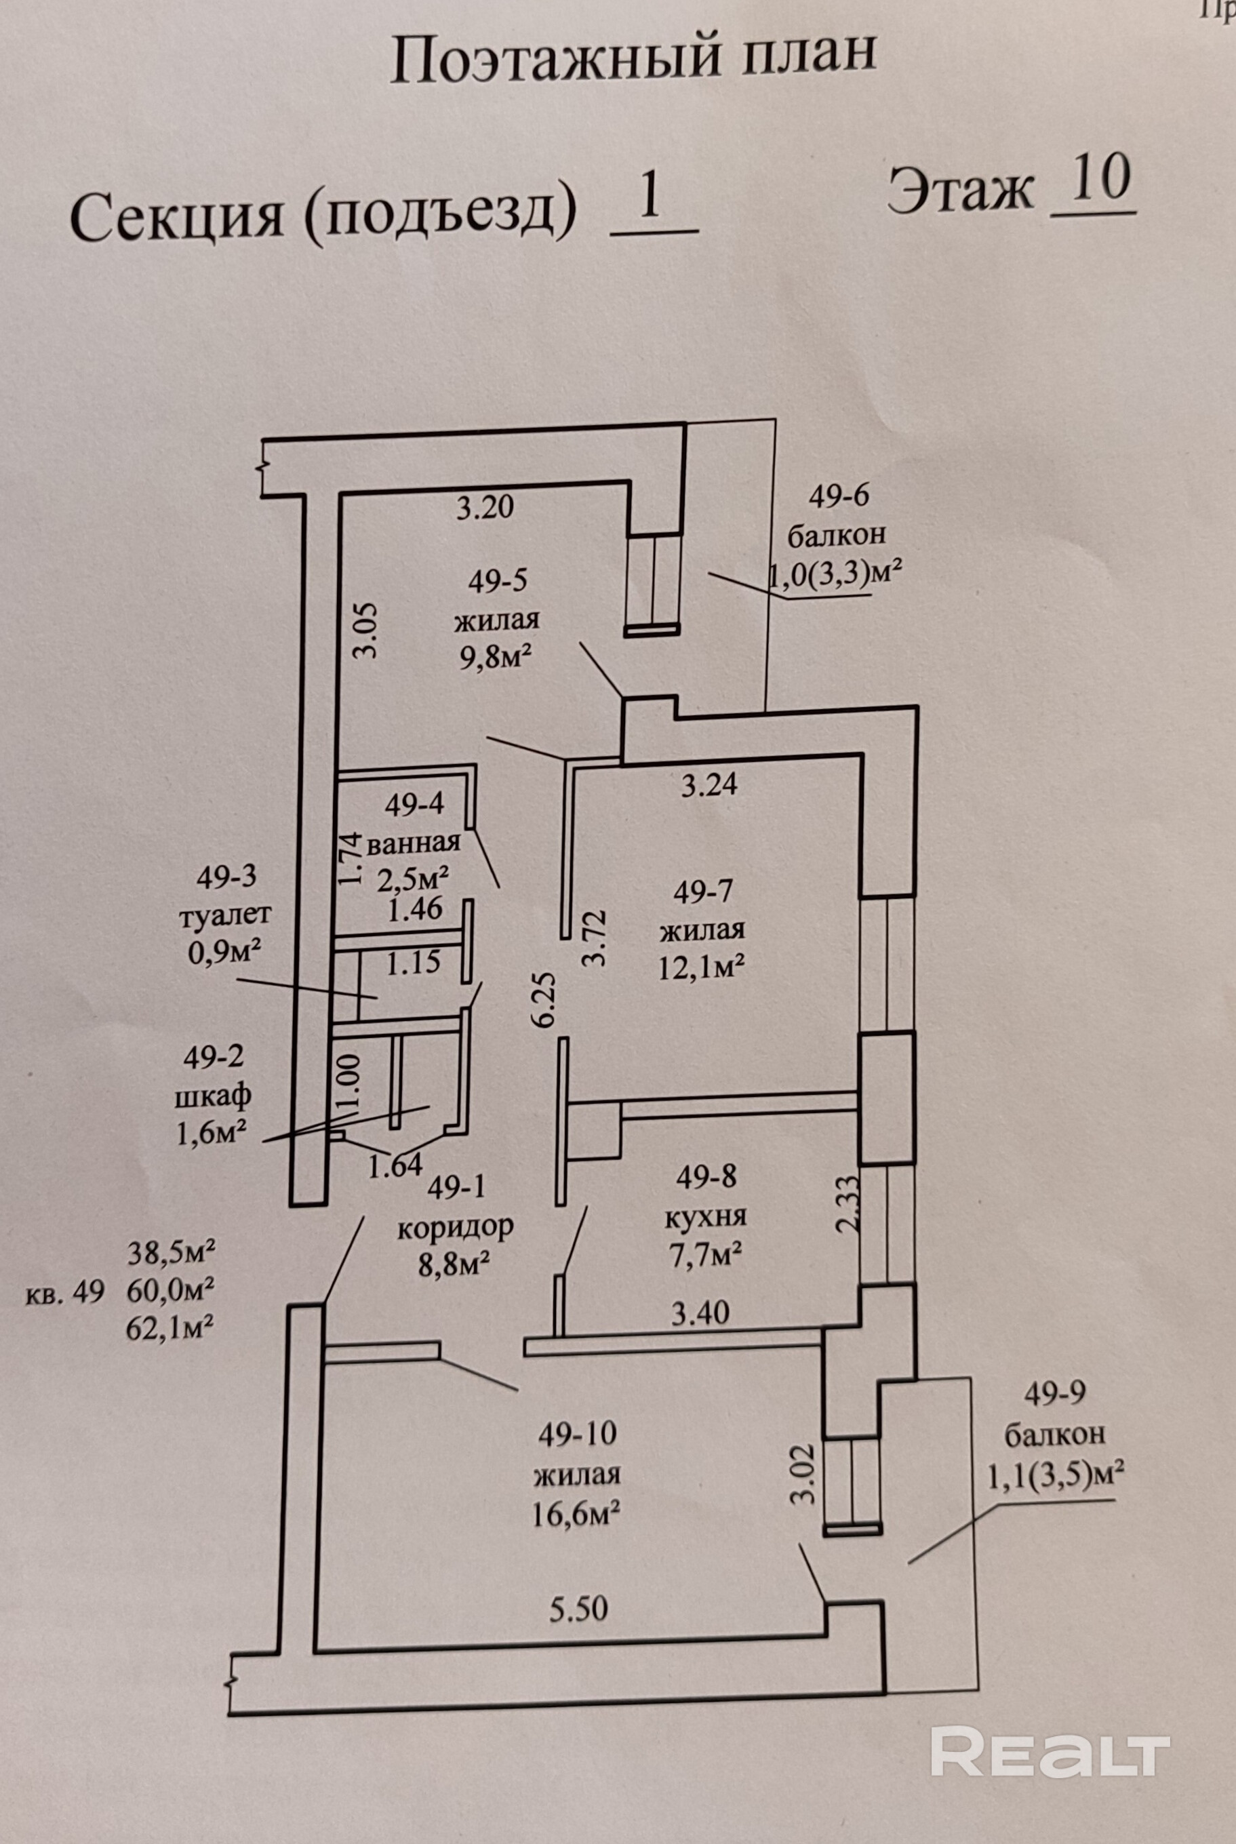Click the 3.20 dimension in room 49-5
(x=485, y=506)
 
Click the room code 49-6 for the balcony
(x=838, y=496)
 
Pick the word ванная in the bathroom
(x=413, y=843)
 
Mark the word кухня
(x=706, y=1217)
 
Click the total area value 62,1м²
(x=170, y=1329)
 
